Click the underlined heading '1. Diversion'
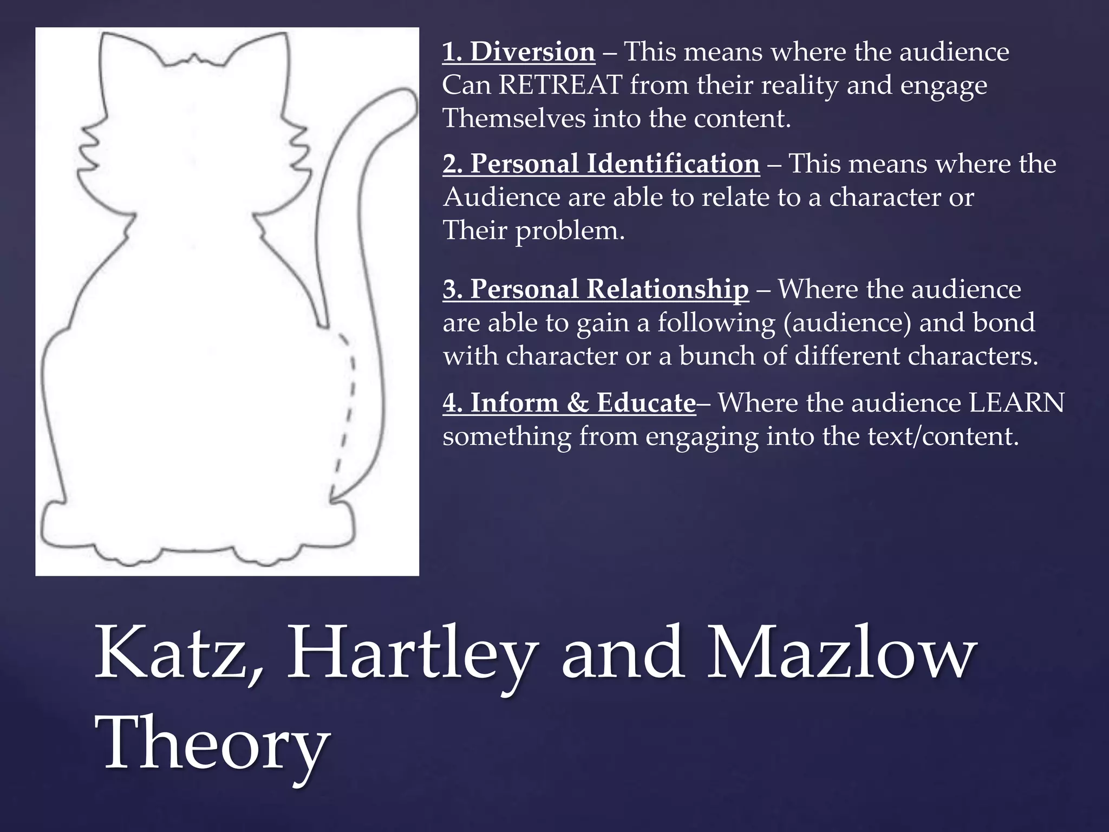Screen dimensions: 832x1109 pos(518,53)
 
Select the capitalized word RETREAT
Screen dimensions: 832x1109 pos(560,86)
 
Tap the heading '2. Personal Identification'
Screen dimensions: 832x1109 pos(601,164)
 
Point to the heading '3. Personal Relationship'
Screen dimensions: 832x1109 pos(596,289)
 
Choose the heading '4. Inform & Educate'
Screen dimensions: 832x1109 pos(569,403)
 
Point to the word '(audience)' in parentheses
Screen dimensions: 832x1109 pos(847,323)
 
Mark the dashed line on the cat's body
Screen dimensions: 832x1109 pos(347,412)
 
